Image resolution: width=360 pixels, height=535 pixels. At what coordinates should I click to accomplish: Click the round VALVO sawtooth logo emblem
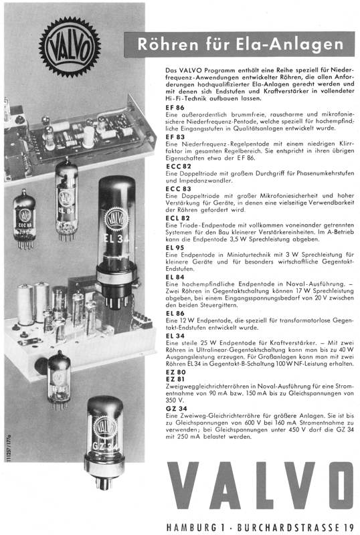(x=70, y=47)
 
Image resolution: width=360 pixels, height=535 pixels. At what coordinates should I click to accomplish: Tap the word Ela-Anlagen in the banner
(x=289, y=44)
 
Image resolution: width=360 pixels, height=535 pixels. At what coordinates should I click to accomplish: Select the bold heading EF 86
(x=175, y=108)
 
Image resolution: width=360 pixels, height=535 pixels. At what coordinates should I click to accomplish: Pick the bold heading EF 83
(x=175, y=137)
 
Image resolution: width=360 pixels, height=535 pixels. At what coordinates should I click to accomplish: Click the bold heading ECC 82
(x=178, y=167)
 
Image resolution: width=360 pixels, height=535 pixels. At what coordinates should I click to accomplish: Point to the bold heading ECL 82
(x=177, y=219)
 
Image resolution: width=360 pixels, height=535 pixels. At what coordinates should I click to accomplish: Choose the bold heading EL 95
(x=175, y=247)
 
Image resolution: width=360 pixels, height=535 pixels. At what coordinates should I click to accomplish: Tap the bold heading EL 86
(x=175, y=313)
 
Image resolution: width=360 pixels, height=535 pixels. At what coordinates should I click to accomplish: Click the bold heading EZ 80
(x=175, y=372)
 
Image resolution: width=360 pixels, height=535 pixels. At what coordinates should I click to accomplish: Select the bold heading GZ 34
(x=176, y=409)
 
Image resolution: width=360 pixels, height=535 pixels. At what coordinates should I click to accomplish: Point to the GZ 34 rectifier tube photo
(x=104, y=443)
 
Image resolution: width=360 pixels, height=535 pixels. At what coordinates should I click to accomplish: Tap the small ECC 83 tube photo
(x=24, y=219)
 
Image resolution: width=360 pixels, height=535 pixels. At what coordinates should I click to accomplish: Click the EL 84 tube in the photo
(x=67, y=199)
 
